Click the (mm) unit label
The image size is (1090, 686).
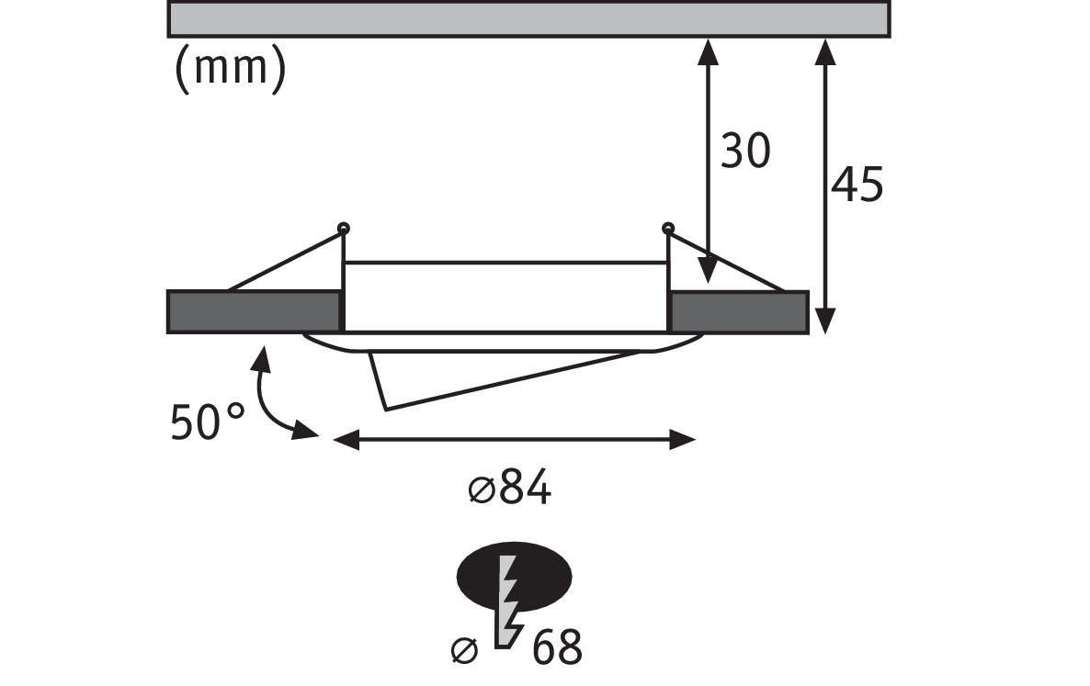tap(230, 69)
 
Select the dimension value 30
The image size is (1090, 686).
tap(745, 151)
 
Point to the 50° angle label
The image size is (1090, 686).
tap(207, 422)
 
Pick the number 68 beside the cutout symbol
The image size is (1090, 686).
tap(557, 647)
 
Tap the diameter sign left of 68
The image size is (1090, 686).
tap(464, 650)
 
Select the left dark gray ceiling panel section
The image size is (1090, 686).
tap(255, 311)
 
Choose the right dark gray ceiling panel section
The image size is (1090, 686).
tap(738, 312)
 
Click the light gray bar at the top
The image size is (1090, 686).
tap(529, 18)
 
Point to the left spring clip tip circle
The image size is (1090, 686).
tap(343, 228)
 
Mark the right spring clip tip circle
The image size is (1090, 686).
tap(668, 227)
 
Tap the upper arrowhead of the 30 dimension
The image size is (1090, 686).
tap(708, 52)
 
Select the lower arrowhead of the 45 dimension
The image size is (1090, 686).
tap(824, 321)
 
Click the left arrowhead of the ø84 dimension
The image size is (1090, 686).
tap(346, 440)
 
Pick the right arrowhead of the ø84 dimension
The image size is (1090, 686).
tap(682, 440)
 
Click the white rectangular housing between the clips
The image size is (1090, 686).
tap(506, 298)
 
